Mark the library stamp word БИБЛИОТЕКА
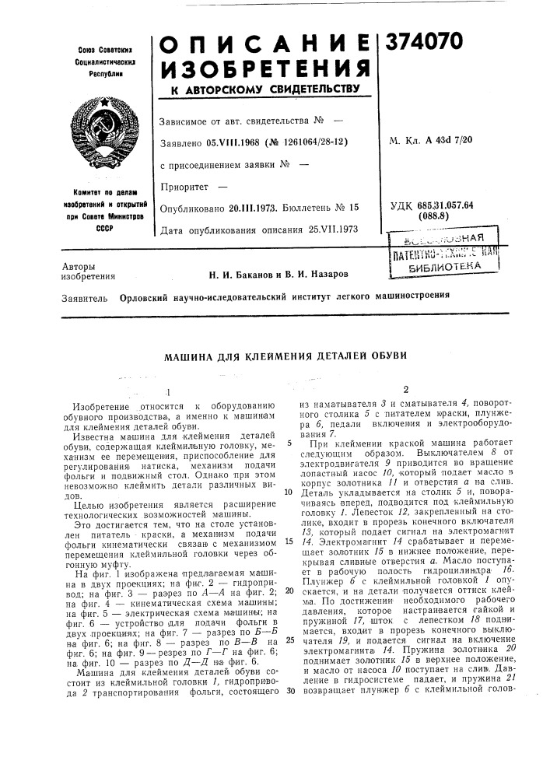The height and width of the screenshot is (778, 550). point(450,265)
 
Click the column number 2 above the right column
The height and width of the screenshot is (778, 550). point(405,390)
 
